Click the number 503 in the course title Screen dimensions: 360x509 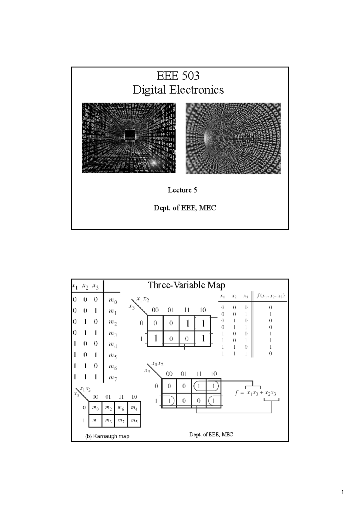coord(190,76)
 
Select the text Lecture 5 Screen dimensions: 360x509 coord(182,190)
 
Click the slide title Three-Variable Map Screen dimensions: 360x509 coord(186,285)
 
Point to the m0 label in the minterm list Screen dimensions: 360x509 coord(113,301)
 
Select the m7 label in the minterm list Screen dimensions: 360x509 coord(113,378)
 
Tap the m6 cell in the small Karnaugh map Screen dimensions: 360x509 coord(121,408)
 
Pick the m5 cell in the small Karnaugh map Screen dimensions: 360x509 coord(134,421)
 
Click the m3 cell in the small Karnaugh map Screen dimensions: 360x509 coord(108,421)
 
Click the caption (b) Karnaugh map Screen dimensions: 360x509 coord(107,436)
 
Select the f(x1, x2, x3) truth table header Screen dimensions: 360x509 coord(271,296)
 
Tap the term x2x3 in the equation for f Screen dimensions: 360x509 coord(270,393)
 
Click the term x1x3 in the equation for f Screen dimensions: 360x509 coord(252,393)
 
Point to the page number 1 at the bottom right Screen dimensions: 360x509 coord(343,493)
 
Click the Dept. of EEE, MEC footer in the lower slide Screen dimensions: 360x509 coord(211,434)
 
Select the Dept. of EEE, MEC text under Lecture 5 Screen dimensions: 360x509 coord(184,208)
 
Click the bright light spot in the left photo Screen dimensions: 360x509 coord(154,162)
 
